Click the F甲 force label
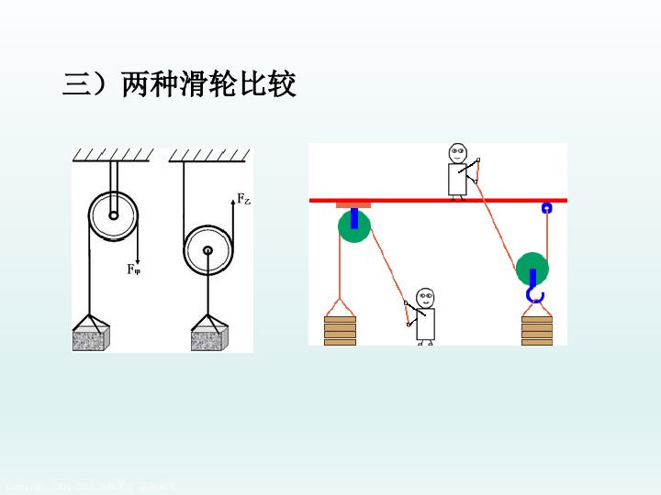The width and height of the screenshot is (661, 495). (134, 269)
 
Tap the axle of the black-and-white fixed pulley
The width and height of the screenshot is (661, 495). (113, 216)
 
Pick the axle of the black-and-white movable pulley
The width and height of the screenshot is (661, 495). (207, 249)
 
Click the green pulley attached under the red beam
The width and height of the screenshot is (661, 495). (353, 225)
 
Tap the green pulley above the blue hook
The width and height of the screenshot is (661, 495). (532, 269)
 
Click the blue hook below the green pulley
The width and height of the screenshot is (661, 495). (534, 294)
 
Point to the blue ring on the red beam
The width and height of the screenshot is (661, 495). (546, 207)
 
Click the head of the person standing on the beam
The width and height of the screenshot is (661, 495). (457, 152)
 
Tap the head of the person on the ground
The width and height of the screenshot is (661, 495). (424, 297)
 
